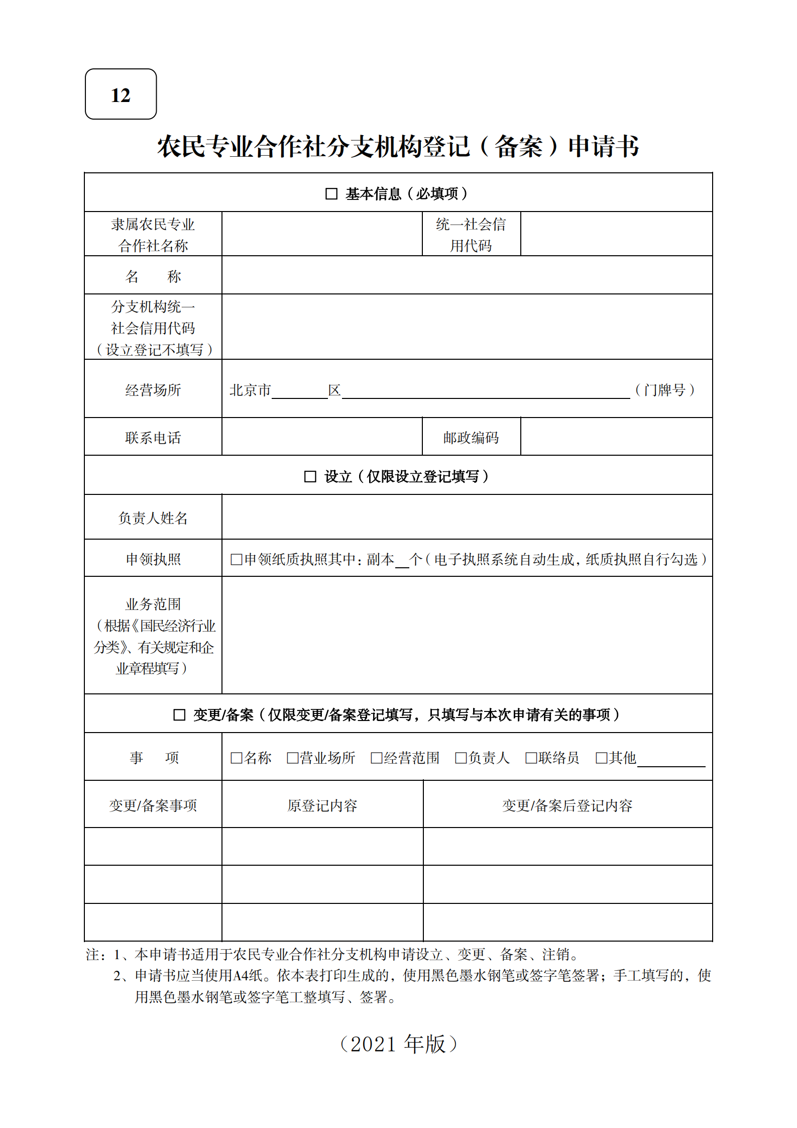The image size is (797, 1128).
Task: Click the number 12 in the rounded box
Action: (121, 95)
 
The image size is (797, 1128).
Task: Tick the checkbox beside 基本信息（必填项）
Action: (331, 193)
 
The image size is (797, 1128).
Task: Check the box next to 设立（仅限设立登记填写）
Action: (310, 476)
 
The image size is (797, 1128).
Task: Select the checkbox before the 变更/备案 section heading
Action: (179, 714)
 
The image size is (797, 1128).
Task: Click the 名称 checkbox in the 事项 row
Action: (236, 758)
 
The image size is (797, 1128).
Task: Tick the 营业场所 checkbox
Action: (292, 758)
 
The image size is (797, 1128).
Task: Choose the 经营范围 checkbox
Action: (376, 758)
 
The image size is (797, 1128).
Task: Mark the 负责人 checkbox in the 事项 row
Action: (461, 758)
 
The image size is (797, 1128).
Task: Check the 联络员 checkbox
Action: (531, 758)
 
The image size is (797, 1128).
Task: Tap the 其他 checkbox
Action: (601, 758)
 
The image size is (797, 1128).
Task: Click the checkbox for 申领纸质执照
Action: (236, 559)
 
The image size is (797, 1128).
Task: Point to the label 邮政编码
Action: (471, 438)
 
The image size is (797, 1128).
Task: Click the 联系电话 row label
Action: (153, 438)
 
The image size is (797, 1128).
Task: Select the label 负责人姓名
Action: (153, 518)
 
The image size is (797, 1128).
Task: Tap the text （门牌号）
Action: (665, 390)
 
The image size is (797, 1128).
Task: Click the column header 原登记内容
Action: (322, 805)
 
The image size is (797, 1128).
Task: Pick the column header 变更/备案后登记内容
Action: (567, 805)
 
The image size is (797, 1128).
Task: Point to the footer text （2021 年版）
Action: (398, 1044)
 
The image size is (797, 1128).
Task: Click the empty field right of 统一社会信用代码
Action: (616, 234)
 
